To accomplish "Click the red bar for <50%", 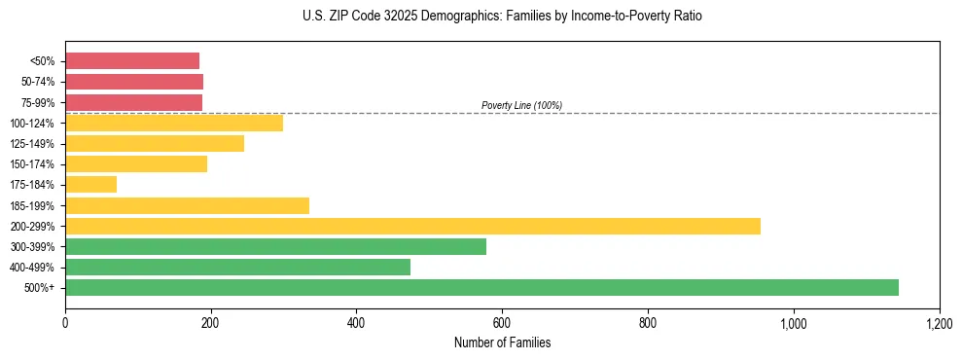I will click(x=131, y=61).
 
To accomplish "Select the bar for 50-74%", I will click(x=133, y=82).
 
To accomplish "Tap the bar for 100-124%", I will click(x=173, y=123).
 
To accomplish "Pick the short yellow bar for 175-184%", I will click(x=90, y=185).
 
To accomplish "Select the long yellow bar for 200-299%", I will click(x=412, y=226).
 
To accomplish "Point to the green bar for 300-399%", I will click(x=275, y=246).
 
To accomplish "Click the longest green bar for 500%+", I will click(x=481, y=287).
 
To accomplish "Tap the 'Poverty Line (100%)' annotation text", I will click(x=521, y=105).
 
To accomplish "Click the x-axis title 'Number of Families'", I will click(x=502, y=342).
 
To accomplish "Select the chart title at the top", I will click(x=502, y=17).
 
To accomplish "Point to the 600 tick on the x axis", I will click(x=502, y=323).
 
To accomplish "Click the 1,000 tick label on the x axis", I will click(x=794, y=323).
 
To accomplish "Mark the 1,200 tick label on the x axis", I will click(x=939, y=323).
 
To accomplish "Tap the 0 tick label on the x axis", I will click(x=65, y=323).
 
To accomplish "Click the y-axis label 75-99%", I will click(x=38, y=103).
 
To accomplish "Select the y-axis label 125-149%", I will click(x=34, y=144).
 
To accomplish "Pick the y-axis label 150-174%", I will click(x=34, y=164).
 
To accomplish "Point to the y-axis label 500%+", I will click(x=41, y=288).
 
